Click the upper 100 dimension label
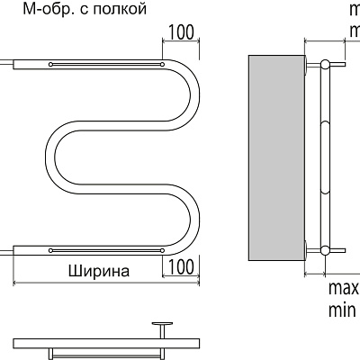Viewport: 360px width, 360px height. click(181, 32)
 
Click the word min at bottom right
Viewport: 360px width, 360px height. click(341, 311)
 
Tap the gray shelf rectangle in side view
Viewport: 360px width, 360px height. click(276, 157)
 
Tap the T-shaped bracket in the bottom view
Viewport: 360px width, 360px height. click(163, 326)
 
